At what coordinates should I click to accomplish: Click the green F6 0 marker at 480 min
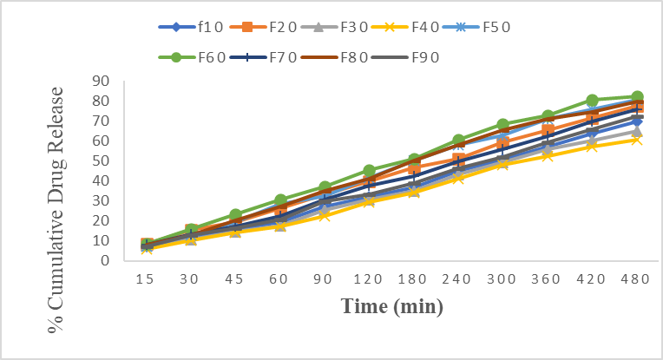pyautogui.click(x=636, y=97)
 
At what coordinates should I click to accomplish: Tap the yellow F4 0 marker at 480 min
pyautogui.click(x=636, y=139)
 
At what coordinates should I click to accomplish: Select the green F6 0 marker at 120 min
pyautogui.click(x=369, y=171)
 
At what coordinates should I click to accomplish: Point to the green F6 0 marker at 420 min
pyautogui.click(x=592, y=101)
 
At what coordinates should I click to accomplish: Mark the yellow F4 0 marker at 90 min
pyautogui.click(x=325, y=215)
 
